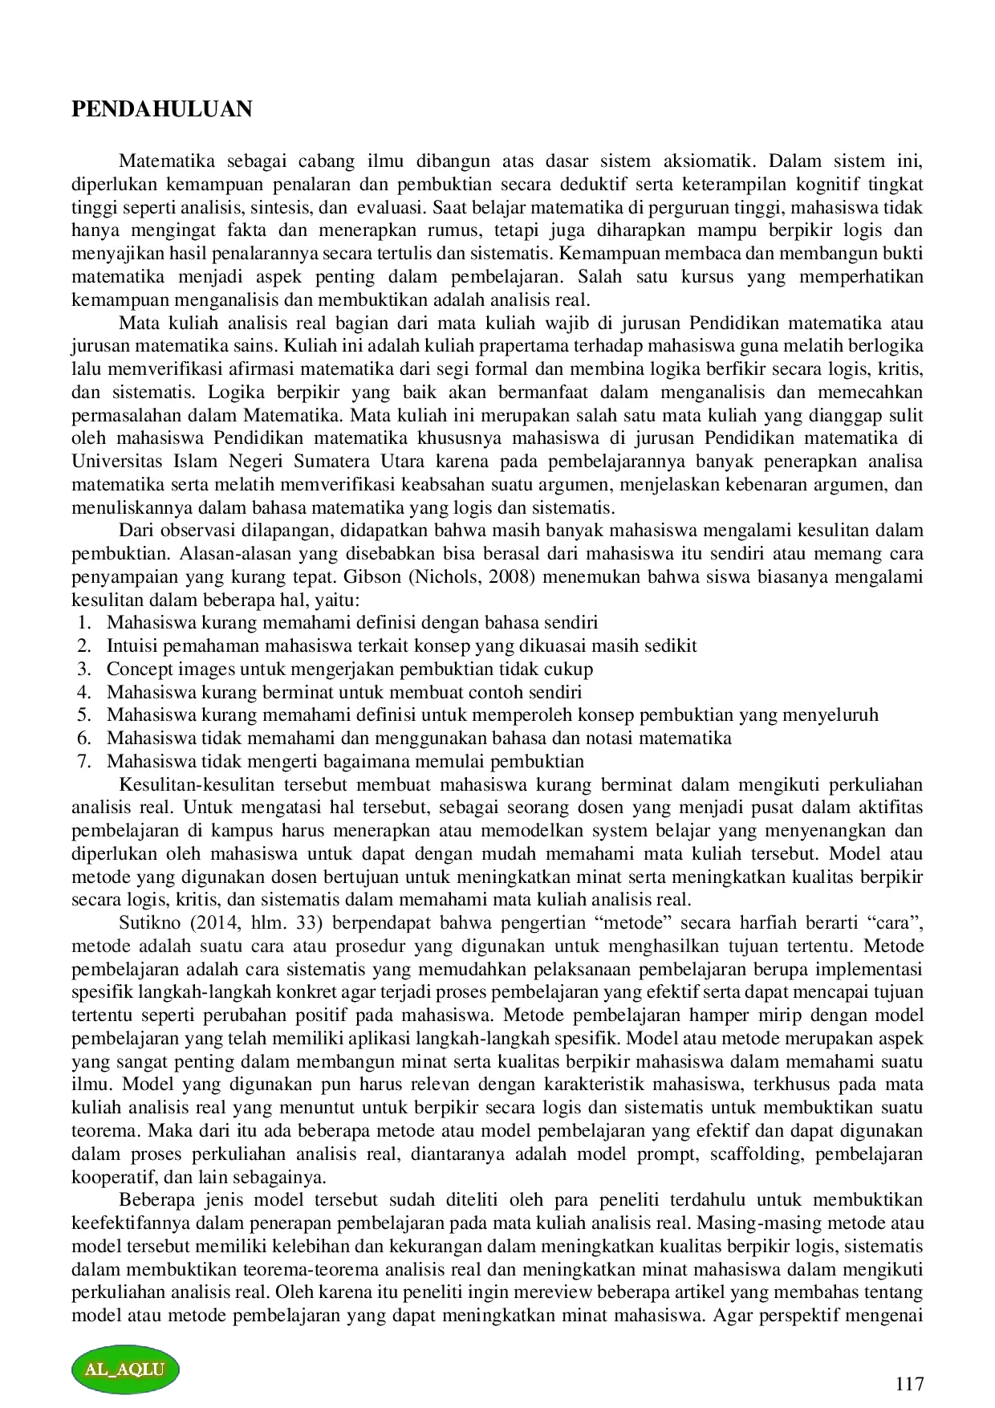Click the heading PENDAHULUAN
click(x=162, y=109)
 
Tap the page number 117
click(x=909, y=1384)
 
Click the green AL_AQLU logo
click(x=125, y=1369)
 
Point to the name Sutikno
click(x=149, y=923)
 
